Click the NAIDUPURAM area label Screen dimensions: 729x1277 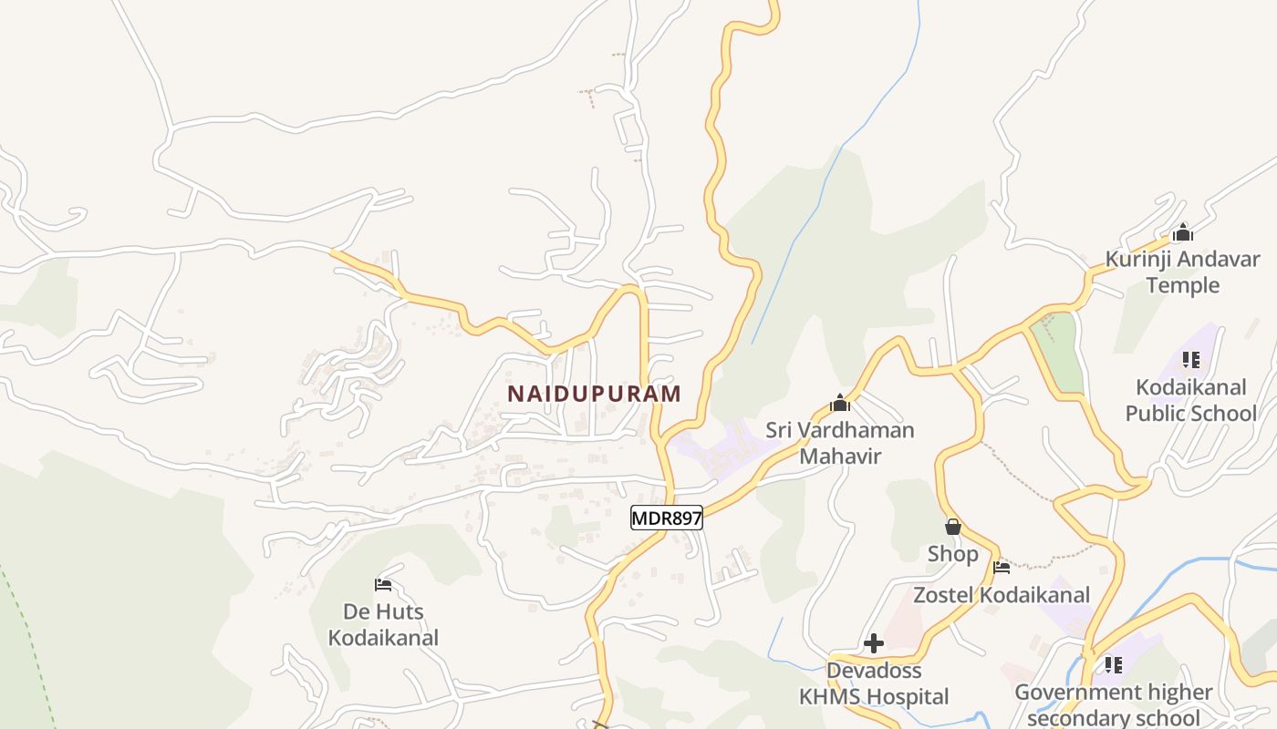point(594,394)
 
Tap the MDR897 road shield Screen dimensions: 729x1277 point(667,519)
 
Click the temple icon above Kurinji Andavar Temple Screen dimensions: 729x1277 point(1183,232)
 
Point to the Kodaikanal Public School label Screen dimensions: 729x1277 point(1190,400)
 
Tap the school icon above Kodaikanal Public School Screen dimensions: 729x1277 point(1190,360)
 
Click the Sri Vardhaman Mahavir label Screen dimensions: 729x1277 point(839,442)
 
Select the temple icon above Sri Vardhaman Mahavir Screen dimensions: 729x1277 point(840,403)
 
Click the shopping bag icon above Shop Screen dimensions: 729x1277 point(953,527)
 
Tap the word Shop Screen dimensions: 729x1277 point(953,554)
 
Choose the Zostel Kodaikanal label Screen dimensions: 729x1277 point(1002,595)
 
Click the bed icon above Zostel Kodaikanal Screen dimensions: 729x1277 point(1002,568)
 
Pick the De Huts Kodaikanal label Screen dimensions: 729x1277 point(383,624)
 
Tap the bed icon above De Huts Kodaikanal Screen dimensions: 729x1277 point(383,584)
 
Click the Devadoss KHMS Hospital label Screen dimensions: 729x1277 point(874,683)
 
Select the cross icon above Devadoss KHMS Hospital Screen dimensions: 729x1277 point(874,643)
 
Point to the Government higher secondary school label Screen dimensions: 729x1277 point(1114,704)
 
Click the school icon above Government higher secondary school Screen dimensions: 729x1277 point(1113,665)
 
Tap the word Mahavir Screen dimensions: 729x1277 point(840,456)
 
